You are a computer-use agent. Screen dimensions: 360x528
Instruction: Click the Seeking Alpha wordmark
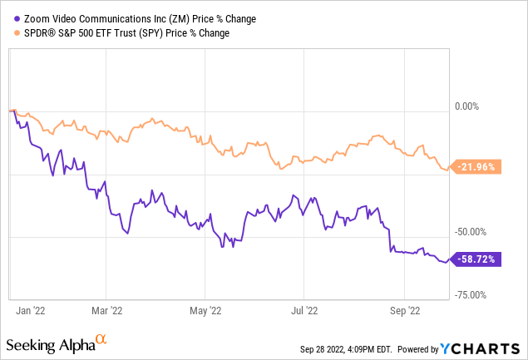(x=48, y=344)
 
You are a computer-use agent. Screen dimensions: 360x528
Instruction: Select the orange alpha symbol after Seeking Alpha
(x=101, y=340)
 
